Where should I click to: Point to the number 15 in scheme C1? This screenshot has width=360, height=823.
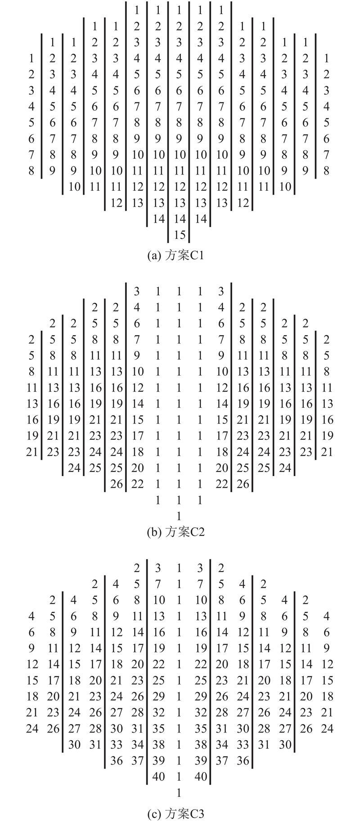point(180,234)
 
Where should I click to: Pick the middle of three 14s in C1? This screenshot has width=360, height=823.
point(180,219)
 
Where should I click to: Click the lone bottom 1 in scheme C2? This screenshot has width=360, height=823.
point(179,516)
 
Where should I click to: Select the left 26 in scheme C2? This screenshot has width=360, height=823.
point(117,484)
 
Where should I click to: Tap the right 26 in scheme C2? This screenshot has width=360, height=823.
point(243,484)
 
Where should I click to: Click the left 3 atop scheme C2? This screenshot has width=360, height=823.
point(137,291)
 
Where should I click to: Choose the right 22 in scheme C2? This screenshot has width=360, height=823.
point(222,484)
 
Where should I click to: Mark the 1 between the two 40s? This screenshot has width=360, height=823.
point(179,776)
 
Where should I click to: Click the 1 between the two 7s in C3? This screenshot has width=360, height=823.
point(179,584)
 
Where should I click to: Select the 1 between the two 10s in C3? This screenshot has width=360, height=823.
point(179,600)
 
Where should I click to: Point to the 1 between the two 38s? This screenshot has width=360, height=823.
point(179,744)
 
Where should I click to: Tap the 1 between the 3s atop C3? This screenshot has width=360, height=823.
point(179,568)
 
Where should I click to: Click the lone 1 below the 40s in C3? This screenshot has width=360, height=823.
point(179,792)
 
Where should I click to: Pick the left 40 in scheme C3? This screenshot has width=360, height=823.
point(158,776)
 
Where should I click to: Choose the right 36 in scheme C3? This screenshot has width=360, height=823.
point(243,760)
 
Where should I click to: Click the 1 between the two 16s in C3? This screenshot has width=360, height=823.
point(179,632)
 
